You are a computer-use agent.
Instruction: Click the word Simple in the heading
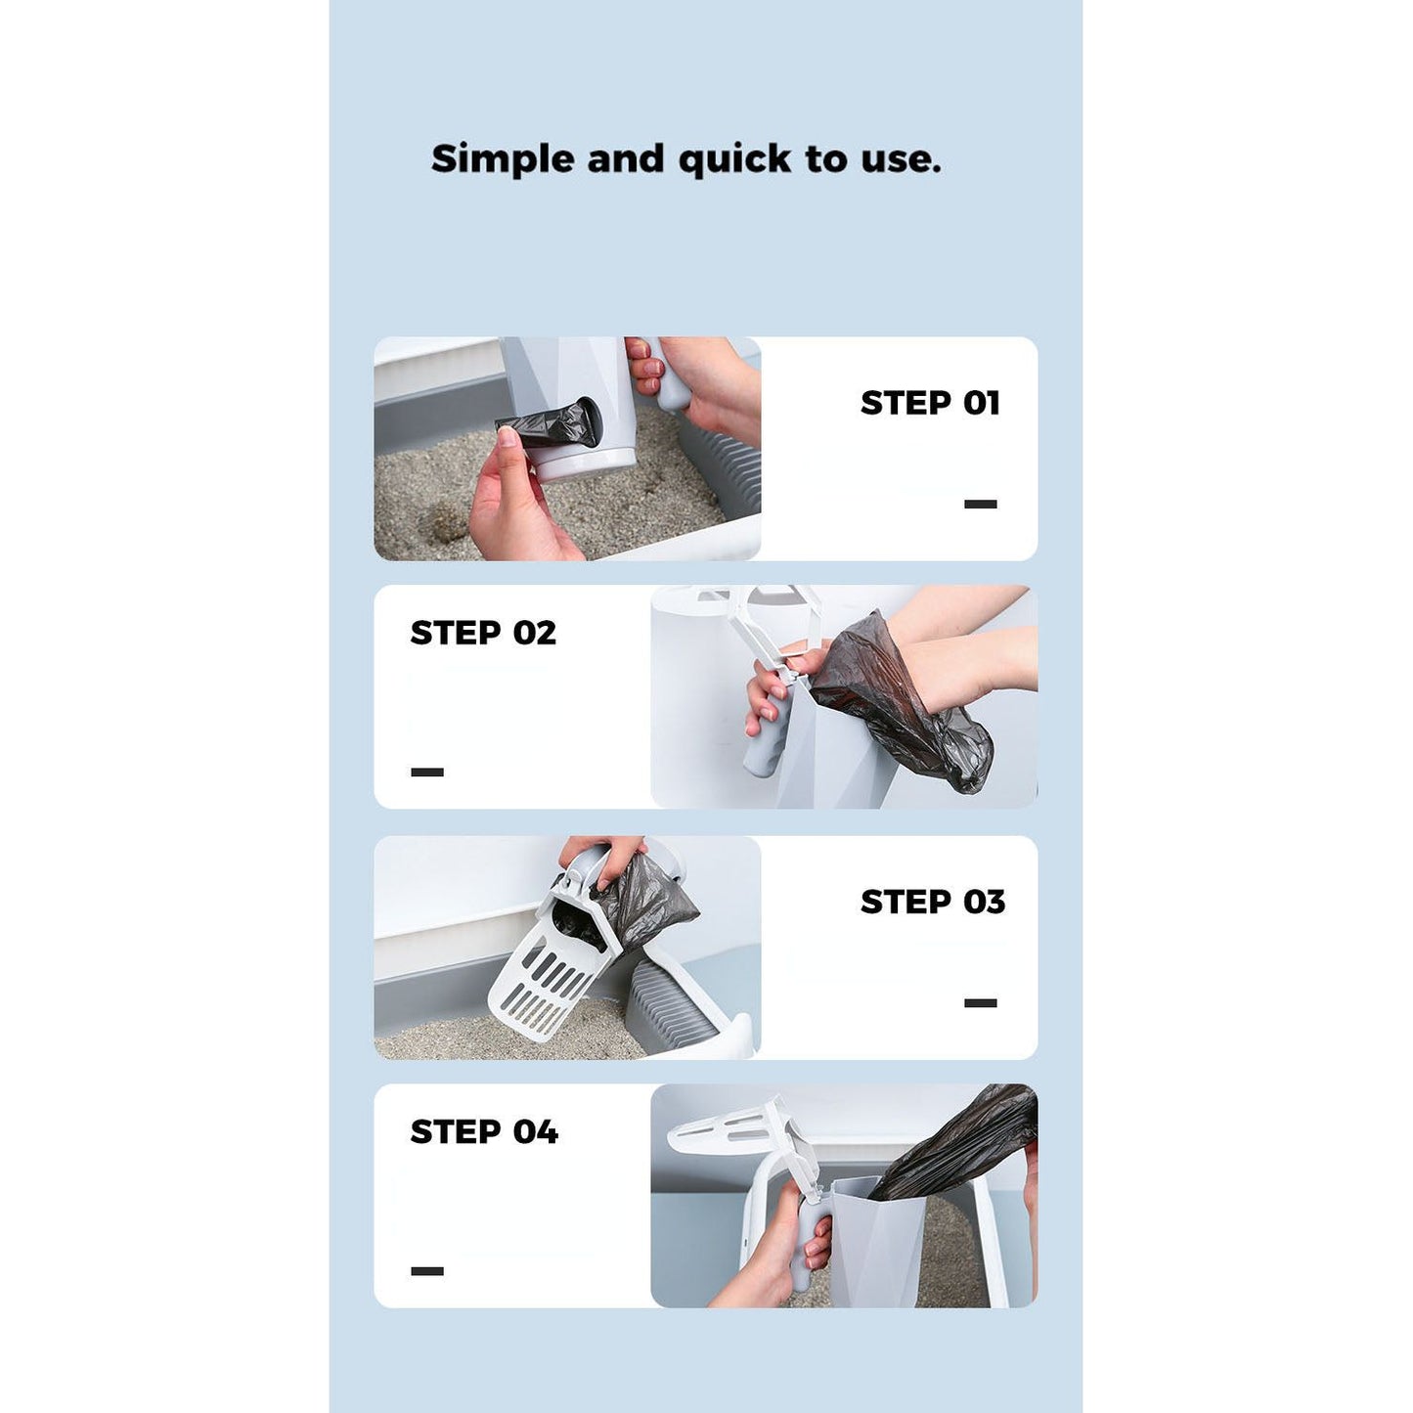[503, 159]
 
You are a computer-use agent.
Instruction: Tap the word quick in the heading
[734, 160]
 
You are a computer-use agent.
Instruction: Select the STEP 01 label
[930, 403]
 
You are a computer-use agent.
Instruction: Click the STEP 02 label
[483, 633]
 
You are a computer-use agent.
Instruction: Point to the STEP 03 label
[933, 902]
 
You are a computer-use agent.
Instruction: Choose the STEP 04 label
[484, 1132]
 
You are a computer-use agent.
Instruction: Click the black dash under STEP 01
[981, 504]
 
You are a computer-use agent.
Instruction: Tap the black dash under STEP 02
[427, 772]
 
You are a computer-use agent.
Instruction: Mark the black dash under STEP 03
[981, 1003]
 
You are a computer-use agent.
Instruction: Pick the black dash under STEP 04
[427, 1271]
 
